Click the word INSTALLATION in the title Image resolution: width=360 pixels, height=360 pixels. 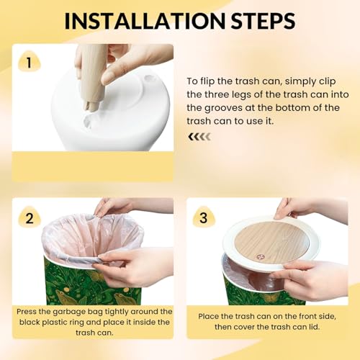[x=145, y=21]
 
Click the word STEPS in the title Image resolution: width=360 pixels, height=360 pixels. [x=263, y=21]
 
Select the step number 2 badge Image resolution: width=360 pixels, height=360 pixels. [x=30, y=217]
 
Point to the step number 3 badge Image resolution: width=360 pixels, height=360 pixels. [x=204, y=217]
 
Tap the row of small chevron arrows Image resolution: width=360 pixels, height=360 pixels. [x=199, y=137]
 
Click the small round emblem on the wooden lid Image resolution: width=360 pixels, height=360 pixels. [x=260, y=257]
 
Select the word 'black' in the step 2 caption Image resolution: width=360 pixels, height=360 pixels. [x=30, y=322]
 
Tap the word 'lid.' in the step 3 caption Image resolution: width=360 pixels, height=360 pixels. [x=314, y=327]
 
